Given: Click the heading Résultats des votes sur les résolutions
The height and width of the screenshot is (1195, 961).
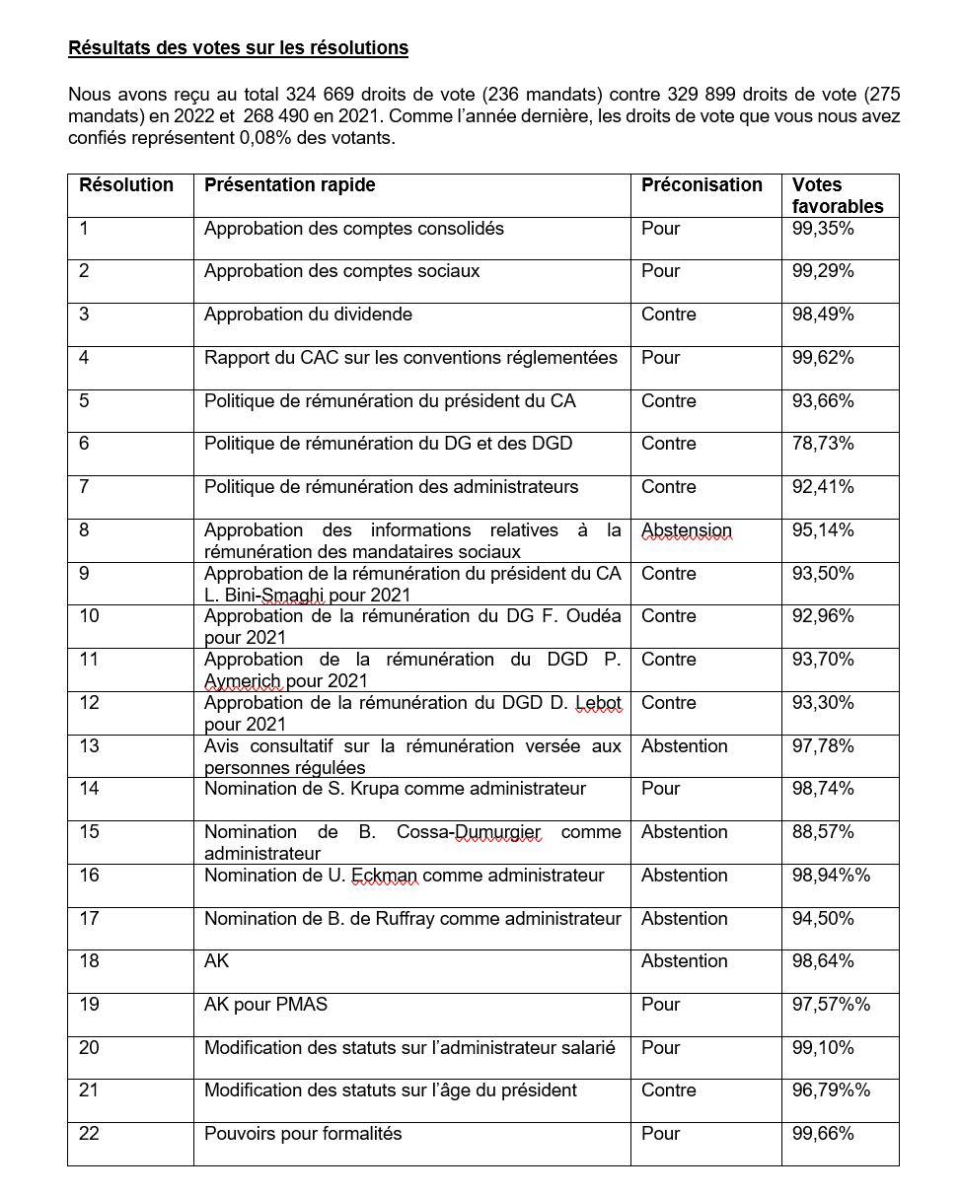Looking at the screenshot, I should point(238,48).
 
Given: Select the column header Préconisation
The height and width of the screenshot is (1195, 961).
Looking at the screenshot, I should point(702,185).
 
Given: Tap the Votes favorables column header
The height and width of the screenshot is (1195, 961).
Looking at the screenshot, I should point(837,195).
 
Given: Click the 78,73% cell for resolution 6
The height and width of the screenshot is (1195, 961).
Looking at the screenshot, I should point(823,444).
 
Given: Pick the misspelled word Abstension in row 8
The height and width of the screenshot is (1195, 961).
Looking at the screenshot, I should point(686,530).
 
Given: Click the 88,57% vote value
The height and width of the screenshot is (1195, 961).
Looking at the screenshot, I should point(823,832).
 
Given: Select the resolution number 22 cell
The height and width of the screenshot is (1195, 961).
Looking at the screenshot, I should point(89,1134).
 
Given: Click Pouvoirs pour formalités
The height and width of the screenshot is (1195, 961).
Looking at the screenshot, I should point(303,1134).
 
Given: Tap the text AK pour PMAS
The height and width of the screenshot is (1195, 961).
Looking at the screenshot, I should point(265,1005).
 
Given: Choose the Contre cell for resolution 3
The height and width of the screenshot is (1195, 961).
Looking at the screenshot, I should point(668,315).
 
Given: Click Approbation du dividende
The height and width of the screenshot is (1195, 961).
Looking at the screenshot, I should point(308,315).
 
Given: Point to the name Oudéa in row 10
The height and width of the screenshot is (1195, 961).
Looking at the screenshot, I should point(595,616).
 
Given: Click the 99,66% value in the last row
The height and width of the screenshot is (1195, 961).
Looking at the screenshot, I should point(823,1134).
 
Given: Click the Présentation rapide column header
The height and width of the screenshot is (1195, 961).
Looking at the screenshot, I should point(289,185).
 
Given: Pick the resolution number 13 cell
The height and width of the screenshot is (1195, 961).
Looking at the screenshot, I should point(89,746).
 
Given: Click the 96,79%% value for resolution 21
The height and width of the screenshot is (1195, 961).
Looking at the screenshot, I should point(831,1090).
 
